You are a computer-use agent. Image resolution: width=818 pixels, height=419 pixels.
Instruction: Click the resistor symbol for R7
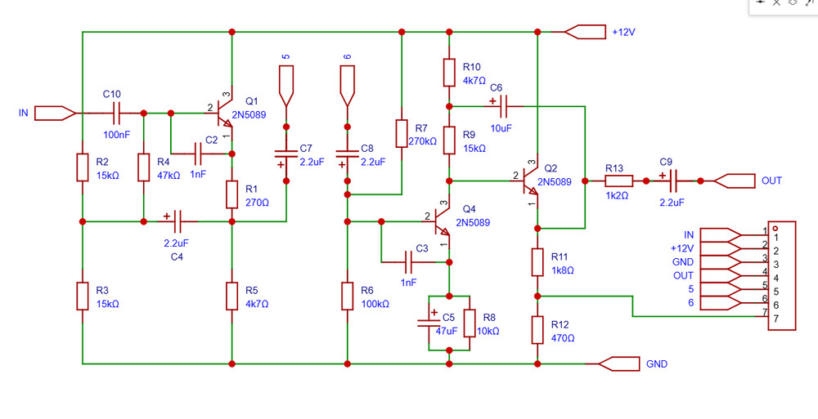[x=401, y=133]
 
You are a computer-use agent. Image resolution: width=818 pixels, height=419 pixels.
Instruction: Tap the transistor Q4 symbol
[x=443, y=220]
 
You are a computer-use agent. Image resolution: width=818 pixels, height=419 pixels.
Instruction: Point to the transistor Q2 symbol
[x=531, y=181]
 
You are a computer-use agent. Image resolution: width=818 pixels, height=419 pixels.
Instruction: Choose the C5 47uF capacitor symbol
[x=429, y=321]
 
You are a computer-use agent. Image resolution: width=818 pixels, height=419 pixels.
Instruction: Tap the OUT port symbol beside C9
[x=733, y=181]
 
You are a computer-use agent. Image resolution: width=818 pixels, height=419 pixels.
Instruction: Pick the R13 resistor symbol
[x=618, y=181]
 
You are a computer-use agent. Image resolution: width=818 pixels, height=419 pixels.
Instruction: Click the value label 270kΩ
[x=423, y=141]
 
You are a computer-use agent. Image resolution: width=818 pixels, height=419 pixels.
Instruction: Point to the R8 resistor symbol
[x=470, y=323]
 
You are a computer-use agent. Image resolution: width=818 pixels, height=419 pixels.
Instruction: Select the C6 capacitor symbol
[x=501, y=105]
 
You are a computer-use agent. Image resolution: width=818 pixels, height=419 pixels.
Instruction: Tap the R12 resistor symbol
[x=537, y=330]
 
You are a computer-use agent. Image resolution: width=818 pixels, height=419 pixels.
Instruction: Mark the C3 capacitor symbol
[x=412, y=261]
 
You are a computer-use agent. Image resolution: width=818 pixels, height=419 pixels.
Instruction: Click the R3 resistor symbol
[x=83, y=296]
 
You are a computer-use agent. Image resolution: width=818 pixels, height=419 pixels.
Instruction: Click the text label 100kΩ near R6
[x=375, y=303]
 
